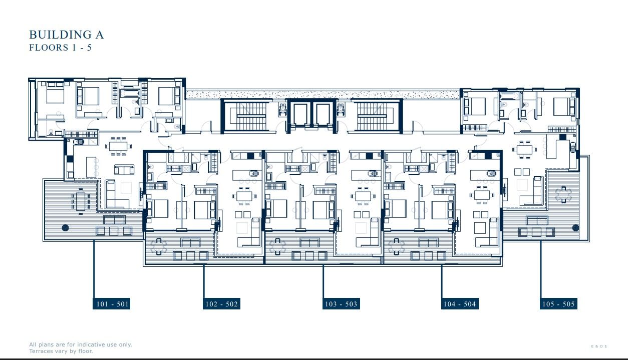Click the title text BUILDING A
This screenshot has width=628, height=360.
(x=66, y=35)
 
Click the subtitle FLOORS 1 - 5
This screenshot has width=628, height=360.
(x=60, y=48)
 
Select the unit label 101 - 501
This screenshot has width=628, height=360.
(x=111, y=304)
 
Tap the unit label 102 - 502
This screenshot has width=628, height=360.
(x=221, y=304)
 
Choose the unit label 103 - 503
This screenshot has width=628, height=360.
(x=341, y=304)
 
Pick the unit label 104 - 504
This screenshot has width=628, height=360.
(x=459, y=304)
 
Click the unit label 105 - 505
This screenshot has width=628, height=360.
(x=558, y=304)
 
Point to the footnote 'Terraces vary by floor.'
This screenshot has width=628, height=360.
(x=61, y=351)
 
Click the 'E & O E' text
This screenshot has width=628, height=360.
(x=599, y=346)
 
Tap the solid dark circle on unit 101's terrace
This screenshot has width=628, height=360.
(x=65, y=228)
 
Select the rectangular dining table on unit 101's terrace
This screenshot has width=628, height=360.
(x=80, y=201)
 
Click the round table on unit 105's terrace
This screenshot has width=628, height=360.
(x=563, y=194)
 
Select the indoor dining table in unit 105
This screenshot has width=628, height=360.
(x=525, y=149)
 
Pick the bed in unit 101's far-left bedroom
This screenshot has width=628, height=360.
(x=55, y=95)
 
